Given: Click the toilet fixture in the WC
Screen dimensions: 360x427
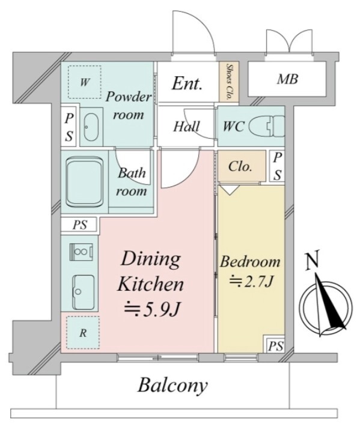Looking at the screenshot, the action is [x=267, y=126].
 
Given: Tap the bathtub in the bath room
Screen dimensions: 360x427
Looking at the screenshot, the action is [x=85, y=182].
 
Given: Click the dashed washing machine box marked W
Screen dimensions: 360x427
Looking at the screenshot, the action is [x=85, y=82].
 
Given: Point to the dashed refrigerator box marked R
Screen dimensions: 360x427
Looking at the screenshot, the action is [x=83, y=333].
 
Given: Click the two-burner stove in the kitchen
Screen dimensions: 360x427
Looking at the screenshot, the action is [x=82, y=252].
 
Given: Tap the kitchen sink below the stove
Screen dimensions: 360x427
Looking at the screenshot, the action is [x=83, y=292].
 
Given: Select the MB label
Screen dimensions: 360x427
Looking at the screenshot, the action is [x=287, y=79].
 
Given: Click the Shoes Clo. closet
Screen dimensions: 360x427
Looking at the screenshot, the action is [x=229, y=82].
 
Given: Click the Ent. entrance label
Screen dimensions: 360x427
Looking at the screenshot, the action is [x=187, y=83].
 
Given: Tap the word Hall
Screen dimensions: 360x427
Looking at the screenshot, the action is [x=187, y=127].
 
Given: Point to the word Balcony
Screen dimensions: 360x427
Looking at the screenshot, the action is [x=172, y=386].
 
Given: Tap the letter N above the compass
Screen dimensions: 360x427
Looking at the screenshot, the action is [x=312, y=261].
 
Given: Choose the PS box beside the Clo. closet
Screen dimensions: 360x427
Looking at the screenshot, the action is [x=278, y=166].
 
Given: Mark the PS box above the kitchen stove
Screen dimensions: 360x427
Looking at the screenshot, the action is [x=79, y=225].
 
